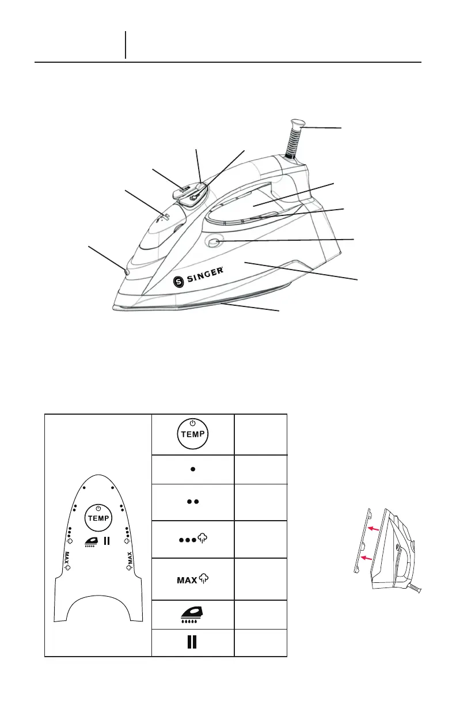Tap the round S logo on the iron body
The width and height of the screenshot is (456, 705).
pyautogui.click(x=178, y=282)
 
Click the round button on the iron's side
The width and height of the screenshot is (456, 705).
pyautogui.click(x=214, y=242)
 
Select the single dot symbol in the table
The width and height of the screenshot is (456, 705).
pyautogui.click(x=193, y=469)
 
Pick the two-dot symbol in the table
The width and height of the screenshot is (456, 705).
pyautogui.click(x=193, y=502)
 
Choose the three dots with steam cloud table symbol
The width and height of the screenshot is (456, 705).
pyautogui.click(x=193, y=539)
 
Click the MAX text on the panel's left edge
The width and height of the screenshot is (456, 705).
pyautogui.click(x=67, y=560)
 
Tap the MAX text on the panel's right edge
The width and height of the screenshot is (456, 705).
pyautogui.click(x=130, y=560)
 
